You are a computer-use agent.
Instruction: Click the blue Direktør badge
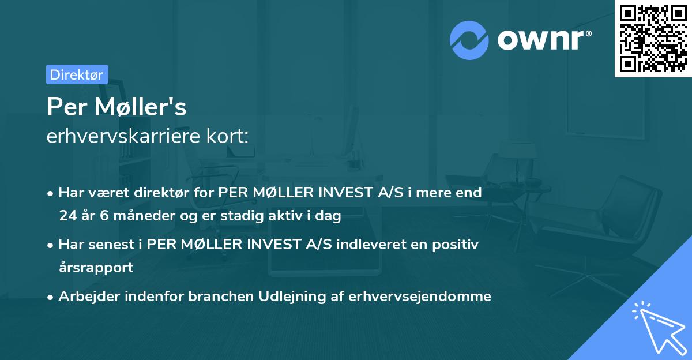click(x=77, y=74)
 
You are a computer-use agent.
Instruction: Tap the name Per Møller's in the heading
click(x=116, y=107)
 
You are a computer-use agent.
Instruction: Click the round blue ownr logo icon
click(x=469, y=40)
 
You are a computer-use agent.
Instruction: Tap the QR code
click(x=653, y=38)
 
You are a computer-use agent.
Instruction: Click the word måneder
click(x=136, y=216)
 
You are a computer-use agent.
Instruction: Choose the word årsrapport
click(x=96, y=268)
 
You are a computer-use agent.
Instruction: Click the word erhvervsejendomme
click(x=422, y=297)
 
